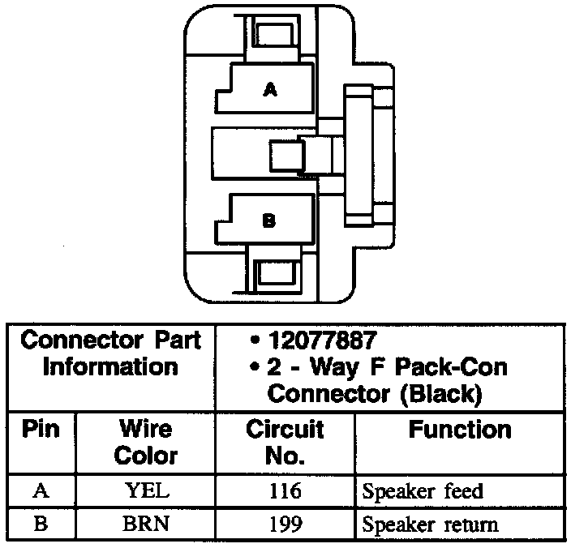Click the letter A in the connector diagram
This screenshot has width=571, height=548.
[x=270, y=91]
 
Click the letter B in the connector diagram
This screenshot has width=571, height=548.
[x=269, y=220]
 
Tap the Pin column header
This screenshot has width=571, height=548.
[x=41, y=429]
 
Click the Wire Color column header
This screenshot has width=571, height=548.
[x=146, y=442]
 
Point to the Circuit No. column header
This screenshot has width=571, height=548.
[x=285, y=442]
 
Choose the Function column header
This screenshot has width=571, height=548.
[x=459, y=429]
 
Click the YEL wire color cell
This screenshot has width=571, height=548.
[x=146, y=491]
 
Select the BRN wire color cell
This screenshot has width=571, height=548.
[x=146, y=524]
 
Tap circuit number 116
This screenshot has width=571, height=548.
[x=285, y=491]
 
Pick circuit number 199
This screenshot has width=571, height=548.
[x=285, y=524]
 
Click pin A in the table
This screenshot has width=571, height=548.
[x=41, y=491]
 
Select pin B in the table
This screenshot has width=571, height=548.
[x=41, y=524]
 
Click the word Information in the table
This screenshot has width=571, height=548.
[x=110, y=366]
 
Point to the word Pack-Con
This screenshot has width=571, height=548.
[x=458, y=367]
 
